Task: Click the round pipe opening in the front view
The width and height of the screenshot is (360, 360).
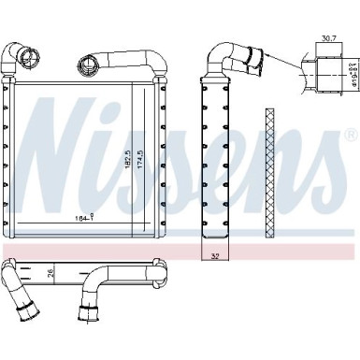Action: click(x=90, y=65)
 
